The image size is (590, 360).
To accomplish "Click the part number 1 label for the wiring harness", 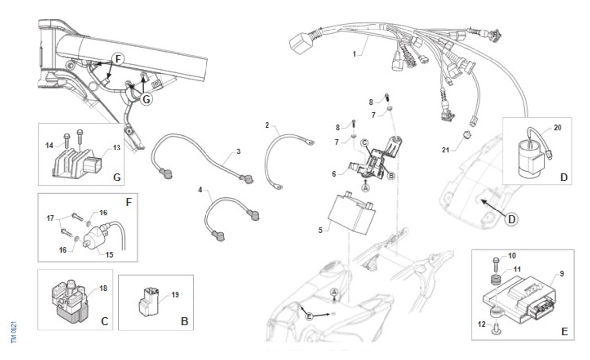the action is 354,54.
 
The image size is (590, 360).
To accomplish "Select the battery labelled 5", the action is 352,212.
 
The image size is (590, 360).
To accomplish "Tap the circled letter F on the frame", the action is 118,59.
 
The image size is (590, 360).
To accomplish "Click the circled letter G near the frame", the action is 146,99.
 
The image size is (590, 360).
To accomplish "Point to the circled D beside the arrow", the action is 511,219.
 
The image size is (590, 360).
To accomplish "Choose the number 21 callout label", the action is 445,150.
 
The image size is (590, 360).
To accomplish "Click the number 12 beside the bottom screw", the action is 482,324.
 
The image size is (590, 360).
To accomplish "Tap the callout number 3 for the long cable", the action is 238,151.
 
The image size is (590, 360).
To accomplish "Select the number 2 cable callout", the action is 267,125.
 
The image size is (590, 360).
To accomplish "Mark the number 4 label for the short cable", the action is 200,190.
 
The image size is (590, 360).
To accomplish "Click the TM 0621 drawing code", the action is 14,332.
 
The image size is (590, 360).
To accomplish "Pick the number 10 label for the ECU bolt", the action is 512,256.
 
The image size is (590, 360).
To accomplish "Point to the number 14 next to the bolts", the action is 49,145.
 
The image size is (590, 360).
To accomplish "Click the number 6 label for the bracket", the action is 334,174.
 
